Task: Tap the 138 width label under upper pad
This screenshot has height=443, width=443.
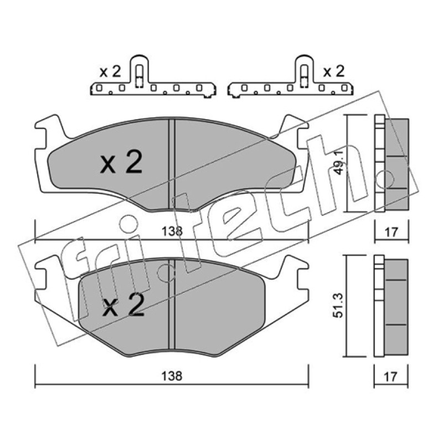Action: (x=172, y=231)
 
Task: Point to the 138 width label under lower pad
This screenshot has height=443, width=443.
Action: (x=172, y=376)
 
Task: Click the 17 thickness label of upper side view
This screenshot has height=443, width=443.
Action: (x=392, y=232)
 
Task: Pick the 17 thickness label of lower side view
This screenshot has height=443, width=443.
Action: (x=391, y=377)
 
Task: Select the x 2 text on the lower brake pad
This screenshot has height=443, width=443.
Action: (x=123, y=305)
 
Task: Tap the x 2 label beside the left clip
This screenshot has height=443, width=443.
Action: (x=110, y=72)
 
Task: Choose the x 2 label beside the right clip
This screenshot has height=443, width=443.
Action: (x=334, y=72)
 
